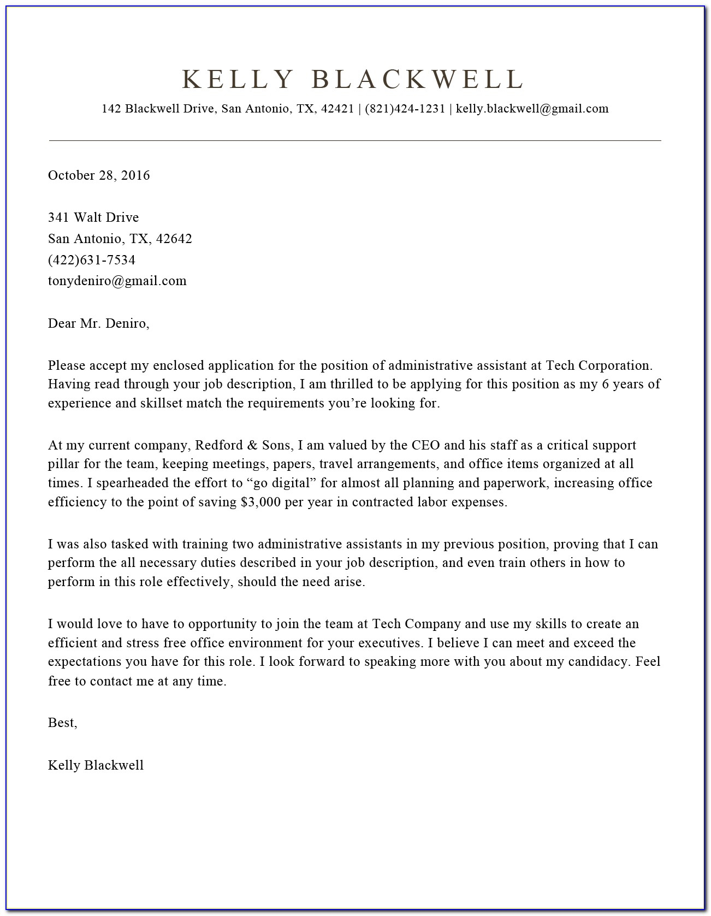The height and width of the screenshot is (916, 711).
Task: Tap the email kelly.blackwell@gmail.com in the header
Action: click(x=532, y=109)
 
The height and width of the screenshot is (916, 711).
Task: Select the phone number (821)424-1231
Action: click(x=405, y=109)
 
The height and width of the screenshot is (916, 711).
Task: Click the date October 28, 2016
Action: click(x=99, y=175)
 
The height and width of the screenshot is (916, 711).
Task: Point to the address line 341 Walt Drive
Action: click(x=93, y=217)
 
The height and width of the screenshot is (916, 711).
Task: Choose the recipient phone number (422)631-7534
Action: click(x=92, y=260)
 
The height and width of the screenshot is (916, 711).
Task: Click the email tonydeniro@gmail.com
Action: click(x=117, y=281)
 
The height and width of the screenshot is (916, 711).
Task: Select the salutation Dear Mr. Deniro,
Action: click(x=99, y=323)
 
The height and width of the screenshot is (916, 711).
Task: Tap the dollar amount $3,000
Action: click(x=259, y=503)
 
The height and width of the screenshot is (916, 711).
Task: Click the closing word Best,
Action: click(x=63, y=723)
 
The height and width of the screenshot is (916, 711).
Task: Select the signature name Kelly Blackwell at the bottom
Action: click(x=96, y=765)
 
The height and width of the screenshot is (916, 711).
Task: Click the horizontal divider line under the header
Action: click(x=355, y=141)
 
